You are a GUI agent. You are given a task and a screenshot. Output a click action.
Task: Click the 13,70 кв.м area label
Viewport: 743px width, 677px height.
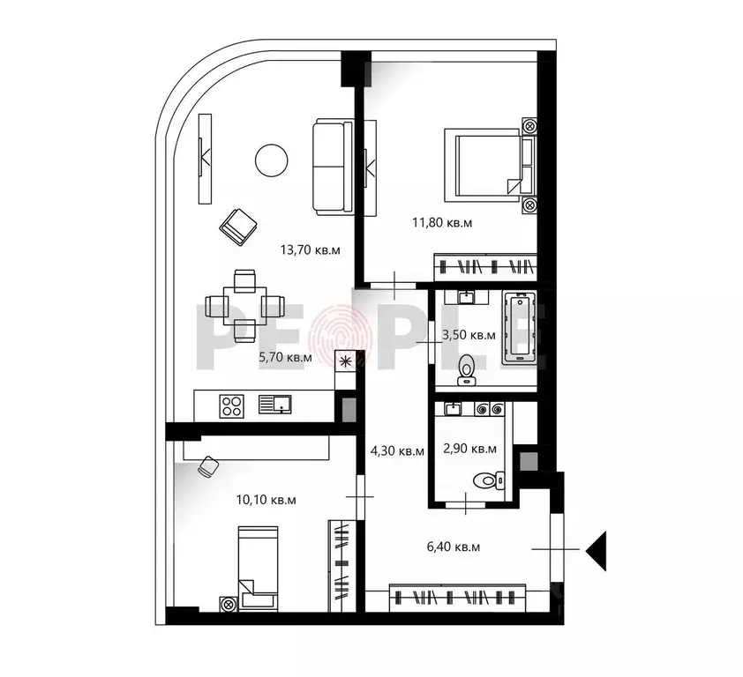coord(310,249)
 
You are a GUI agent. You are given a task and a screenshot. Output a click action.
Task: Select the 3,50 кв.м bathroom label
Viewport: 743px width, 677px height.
coord(469,335)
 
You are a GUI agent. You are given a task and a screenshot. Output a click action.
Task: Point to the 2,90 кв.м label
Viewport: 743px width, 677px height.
coord(469,449)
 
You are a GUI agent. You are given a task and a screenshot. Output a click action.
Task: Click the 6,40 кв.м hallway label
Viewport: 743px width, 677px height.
coord(453,547)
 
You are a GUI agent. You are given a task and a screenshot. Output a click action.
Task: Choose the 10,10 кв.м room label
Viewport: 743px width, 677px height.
coord(266,500)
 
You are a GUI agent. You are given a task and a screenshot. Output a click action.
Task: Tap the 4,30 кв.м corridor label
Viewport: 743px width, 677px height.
coord(397,450)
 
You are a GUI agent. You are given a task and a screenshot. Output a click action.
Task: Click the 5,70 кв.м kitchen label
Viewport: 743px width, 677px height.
coord(285,358)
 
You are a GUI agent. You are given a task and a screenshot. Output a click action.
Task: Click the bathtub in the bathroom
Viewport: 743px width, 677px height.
coord(520,330)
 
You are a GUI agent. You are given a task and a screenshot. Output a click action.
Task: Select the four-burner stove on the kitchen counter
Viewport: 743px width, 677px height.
coord(232,405)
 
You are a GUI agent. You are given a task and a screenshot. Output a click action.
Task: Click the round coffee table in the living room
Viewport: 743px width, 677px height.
coord(271,160)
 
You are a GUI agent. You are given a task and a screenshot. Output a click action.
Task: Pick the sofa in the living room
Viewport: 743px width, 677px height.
coord(332,167)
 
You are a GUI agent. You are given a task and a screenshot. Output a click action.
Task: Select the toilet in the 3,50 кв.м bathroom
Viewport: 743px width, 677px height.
coord(467,369)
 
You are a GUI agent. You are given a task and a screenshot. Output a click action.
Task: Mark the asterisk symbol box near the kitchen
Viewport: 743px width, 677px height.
coord(345,360)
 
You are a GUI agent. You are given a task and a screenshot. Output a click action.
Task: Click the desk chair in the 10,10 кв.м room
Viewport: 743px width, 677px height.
coord(208,466)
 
